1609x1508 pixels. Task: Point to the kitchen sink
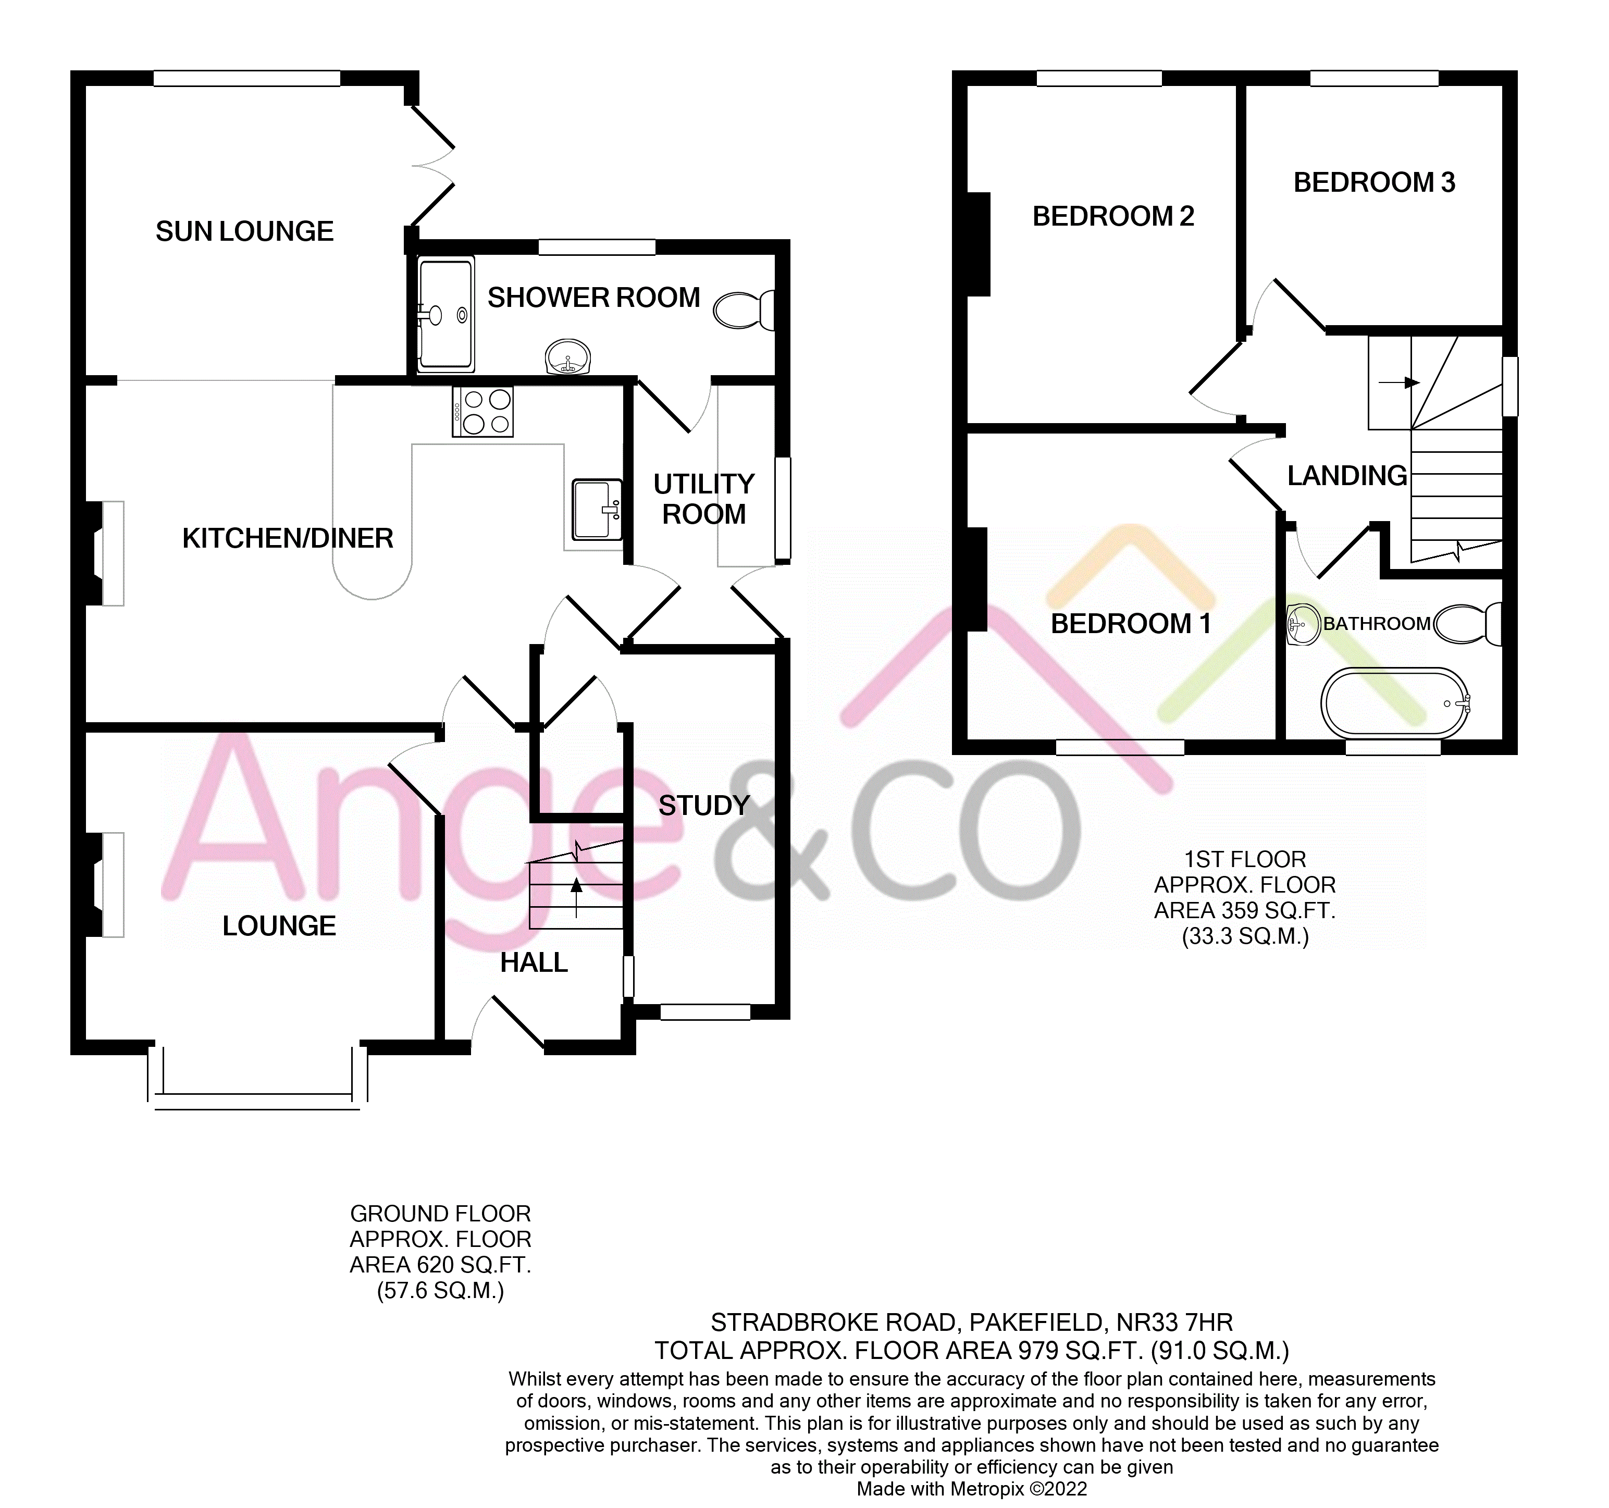597,509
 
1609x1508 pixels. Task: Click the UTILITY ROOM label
703,499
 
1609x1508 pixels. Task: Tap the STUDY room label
703,806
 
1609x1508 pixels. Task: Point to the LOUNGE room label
279,926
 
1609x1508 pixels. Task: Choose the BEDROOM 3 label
1375,183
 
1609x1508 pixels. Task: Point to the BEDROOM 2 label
1113,216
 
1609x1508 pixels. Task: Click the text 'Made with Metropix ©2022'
971,1489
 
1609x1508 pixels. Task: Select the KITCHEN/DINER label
287,538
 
